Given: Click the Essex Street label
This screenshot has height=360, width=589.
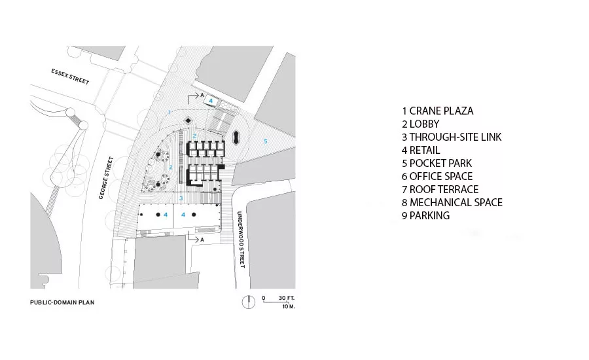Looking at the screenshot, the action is click(70, 77).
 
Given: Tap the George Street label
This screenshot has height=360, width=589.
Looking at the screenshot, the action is click(106, 178).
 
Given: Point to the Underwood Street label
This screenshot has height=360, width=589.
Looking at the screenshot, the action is click(241, 240).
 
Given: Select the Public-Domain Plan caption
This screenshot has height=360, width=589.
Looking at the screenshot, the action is click(62, 302).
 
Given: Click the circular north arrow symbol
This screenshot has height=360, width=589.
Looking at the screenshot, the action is click(248, 302).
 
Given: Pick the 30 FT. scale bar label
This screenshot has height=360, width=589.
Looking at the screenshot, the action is click(287, 298).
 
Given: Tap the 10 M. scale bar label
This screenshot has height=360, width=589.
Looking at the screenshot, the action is click(289, 306).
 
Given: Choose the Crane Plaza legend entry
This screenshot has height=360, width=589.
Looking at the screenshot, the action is click(438, 111).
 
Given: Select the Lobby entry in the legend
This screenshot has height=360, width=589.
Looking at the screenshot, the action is click(420, 124).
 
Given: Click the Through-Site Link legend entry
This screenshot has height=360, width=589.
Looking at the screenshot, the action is click(452, 137).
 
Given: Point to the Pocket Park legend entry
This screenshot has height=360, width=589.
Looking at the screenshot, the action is click(437, 163).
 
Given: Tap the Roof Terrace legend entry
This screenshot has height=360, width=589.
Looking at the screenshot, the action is click(440, 189).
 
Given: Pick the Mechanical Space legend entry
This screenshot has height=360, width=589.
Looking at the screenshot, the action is click(452, 202).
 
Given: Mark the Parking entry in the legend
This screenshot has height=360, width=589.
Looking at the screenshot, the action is click(425, 216).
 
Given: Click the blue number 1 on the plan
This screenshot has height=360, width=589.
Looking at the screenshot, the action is click(170, 112).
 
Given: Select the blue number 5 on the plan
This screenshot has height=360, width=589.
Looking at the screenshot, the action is click(266, 141).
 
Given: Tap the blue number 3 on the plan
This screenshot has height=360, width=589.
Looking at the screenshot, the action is click(181, 198).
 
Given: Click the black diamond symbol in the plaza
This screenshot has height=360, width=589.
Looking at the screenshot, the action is click(188, 120).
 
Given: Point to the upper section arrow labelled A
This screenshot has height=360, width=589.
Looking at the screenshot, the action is click(194, 97).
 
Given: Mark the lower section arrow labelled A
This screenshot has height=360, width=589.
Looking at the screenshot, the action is click(196, 238).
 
